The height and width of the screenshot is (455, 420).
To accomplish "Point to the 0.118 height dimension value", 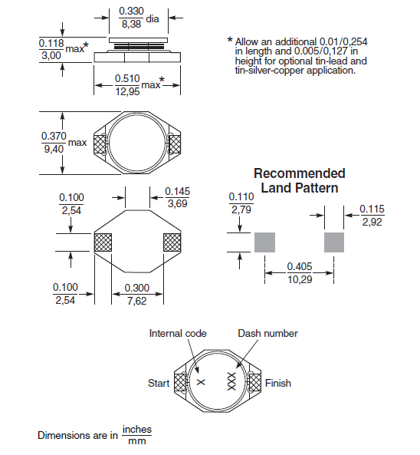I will coord(51,45).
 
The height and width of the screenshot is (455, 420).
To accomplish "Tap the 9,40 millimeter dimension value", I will coord(54,148).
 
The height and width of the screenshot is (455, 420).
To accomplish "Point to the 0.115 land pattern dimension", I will coord(373,209).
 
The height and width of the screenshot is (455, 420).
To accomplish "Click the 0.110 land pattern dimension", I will coord(241,196).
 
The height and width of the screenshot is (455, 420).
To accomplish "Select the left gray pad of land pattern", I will coord(264,242).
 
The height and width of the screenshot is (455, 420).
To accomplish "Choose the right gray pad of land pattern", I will coord(335,242).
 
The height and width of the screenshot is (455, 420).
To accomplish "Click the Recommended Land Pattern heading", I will coord(299,180).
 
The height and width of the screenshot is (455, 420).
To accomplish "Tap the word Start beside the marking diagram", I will coord(159,383).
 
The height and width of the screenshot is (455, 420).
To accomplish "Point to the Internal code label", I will coord(176,333).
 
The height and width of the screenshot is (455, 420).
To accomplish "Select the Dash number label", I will coord(267,333).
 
